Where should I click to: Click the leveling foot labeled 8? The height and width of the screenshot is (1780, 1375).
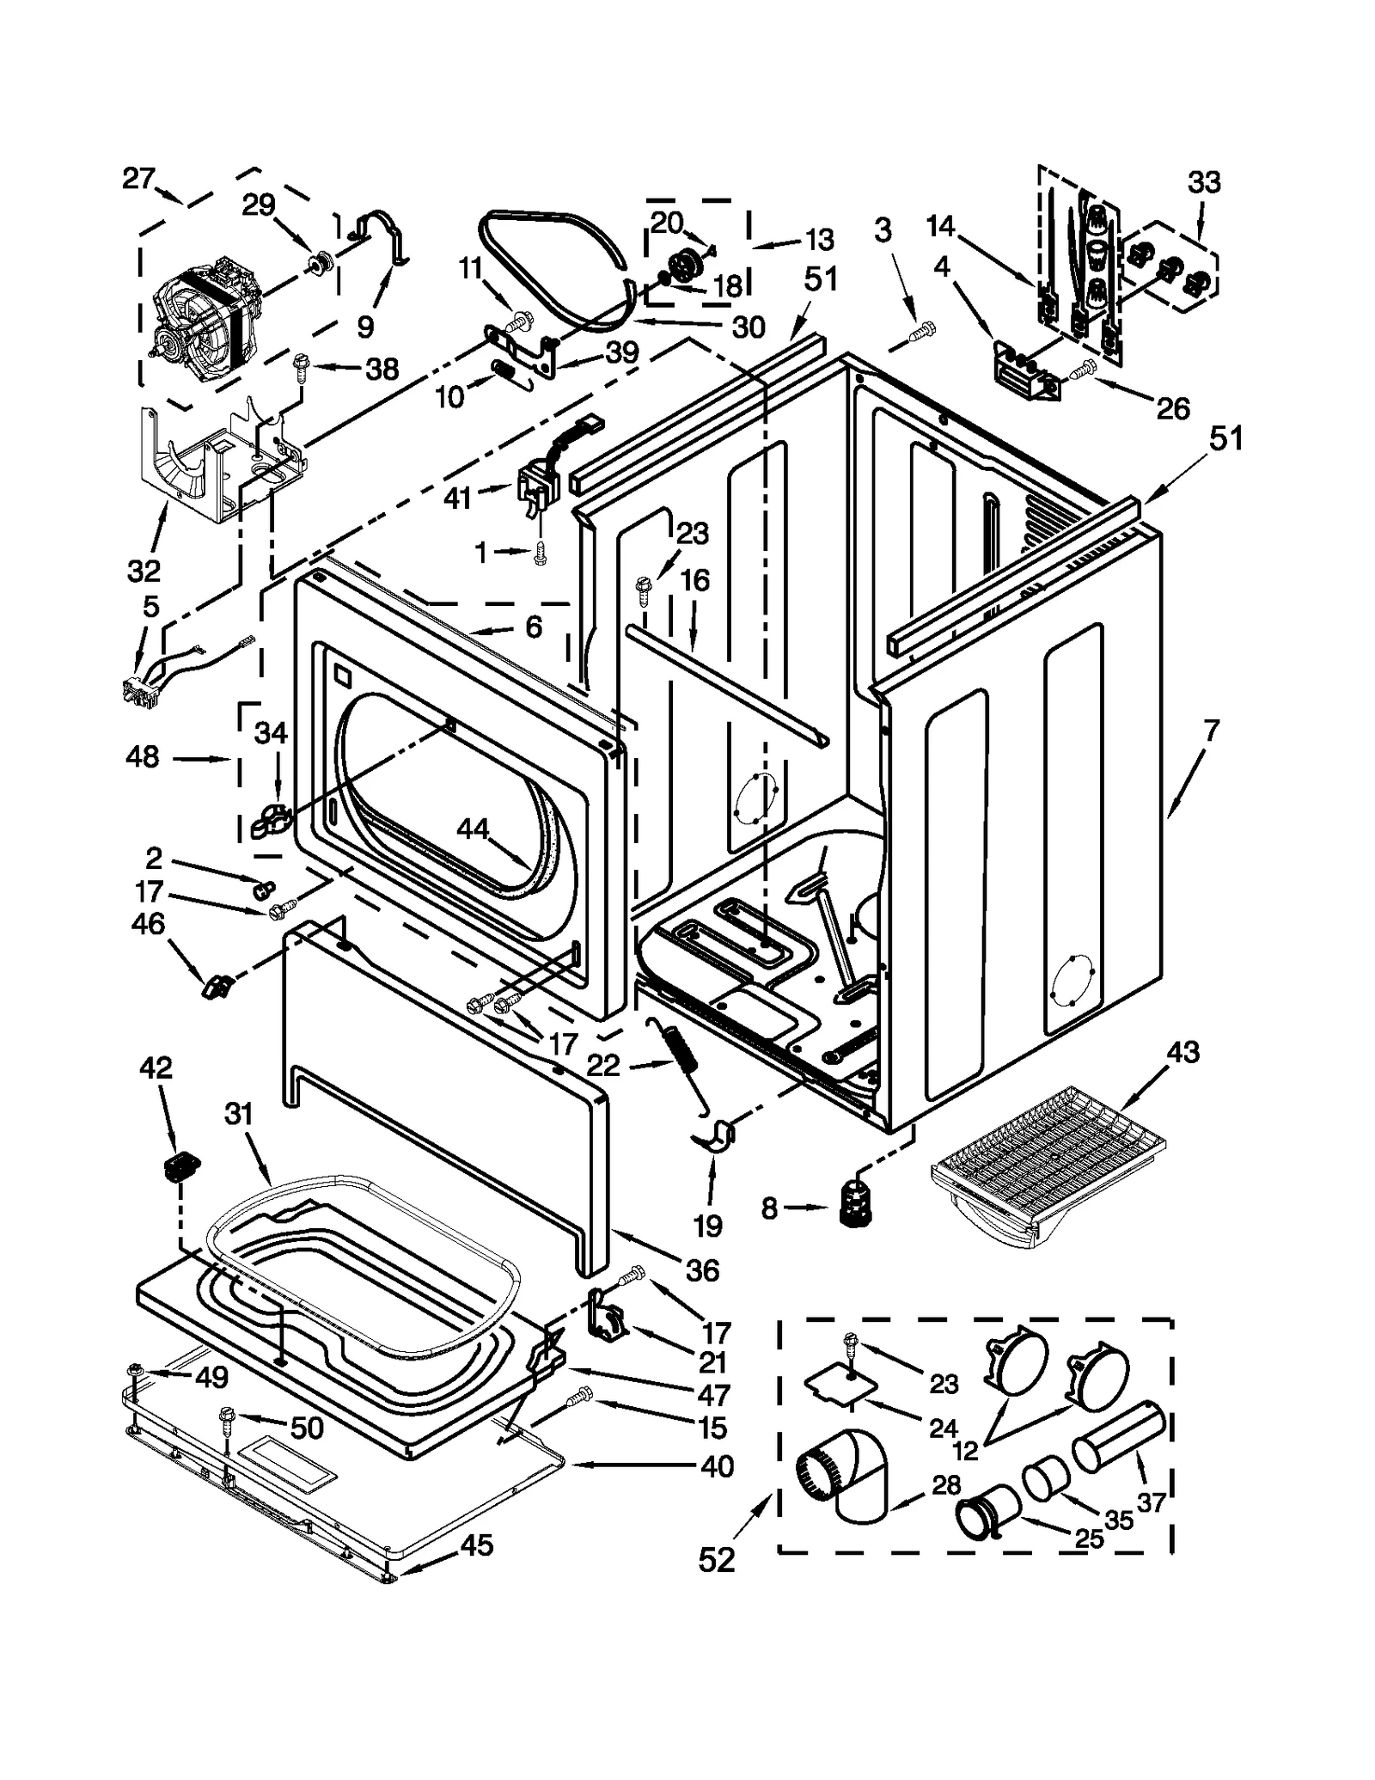pos(853,1205)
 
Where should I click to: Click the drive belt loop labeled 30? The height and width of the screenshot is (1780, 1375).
pos(550,262)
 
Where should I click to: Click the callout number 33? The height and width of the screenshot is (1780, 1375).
pos(1203,182)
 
